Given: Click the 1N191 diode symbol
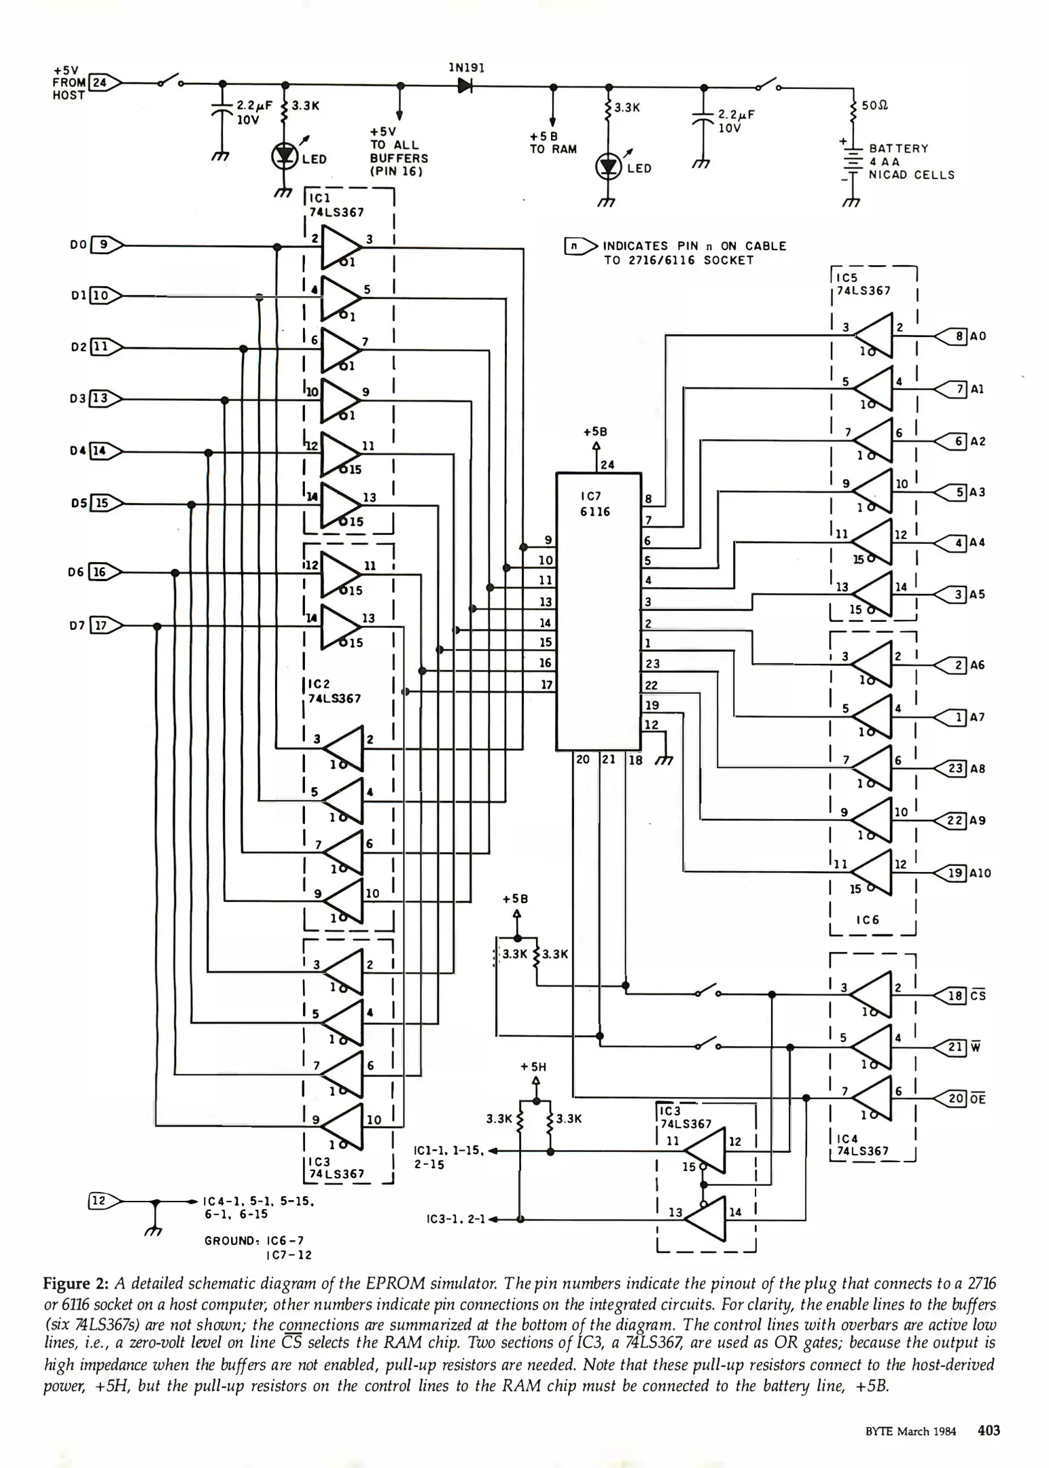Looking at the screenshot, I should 465,86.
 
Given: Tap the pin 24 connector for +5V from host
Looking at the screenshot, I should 104,83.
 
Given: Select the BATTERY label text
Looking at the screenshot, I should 898,148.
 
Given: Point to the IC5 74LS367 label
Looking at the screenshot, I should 863,284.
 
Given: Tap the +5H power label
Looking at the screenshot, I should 533,1067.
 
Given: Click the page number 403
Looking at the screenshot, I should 989,1431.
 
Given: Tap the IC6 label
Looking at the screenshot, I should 867,920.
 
